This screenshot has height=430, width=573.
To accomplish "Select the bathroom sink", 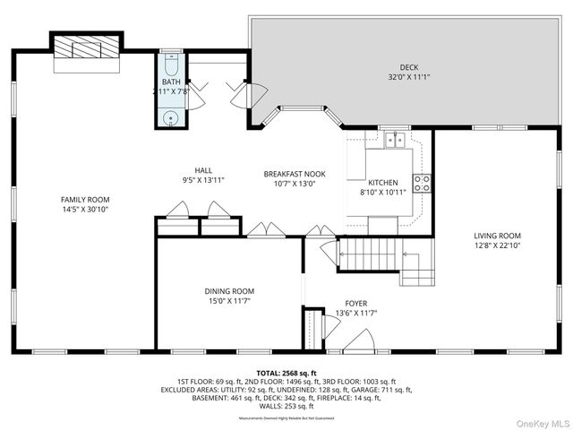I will point(171,116).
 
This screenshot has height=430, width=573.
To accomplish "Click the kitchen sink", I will point(394,140).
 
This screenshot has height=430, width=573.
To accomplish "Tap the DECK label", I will point(409,67).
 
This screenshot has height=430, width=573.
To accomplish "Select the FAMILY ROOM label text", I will point(84,199).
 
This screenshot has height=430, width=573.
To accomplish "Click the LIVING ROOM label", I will point(497,236).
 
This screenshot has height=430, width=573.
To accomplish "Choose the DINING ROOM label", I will point(230,291).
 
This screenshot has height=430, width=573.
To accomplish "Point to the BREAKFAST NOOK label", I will point(294,174).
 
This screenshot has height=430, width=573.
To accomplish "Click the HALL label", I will point(203,170).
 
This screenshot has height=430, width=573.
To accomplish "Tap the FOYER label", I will point(356,304).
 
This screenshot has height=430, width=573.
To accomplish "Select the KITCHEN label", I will point(383,183).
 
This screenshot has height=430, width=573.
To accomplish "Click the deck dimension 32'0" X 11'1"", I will point(409,77).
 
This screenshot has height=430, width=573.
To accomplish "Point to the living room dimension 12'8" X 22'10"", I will point(497,246).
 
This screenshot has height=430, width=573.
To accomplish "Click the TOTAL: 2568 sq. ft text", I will point(286,373).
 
